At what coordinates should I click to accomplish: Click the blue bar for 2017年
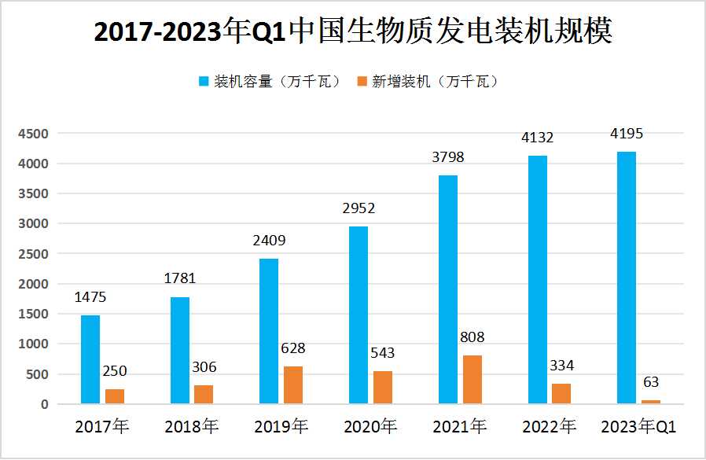pyautogui.click(x=90, y=359)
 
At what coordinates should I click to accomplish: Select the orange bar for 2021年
pyautogui.click(x=472, y=380)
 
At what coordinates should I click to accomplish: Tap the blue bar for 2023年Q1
pyautogui.click(x=627, y=278)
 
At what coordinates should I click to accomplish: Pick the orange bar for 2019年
pyautogui.click(x=293, y=385)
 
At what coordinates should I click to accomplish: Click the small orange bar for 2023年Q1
pyautogui.click(x=651, y=402)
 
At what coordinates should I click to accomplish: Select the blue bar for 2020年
pyautogui.click(x=359, y=315)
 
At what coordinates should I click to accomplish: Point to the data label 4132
pyautogui.click(x=538, y=138)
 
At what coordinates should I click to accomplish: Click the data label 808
pyautogui.click(x=472, y=337)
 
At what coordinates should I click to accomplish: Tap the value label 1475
pyautogui.click(x=90, y=297)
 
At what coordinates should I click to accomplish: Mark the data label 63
pyautogui.click(x=651, y=383)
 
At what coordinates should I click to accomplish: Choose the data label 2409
pyautogui.click(x=269, y=241)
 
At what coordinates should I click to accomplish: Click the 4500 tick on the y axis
pyautogui.click(x=35, y=134)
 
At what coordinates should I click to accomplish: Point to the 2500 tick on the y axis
pyautogui.click(x=35, y=254)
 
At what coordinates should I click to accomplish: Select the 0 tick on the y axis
pyautogui.click(x=45, y=404)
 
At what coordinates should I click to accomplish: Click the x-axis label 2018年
pyautogui.click(x=191, y=427)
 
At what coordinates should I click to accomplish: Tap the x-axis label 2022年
pyautogui.click(x=549, y=427)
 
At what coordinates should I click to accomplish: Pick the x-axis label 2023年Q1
pyautogui.click(x=638, y=427)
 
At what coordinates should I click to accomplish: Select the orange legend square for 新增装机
pyautogui.click(x=362, y=82)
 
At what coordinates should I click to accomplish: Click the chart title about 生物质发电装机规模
pyautogui.click(x=353, y=32)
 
